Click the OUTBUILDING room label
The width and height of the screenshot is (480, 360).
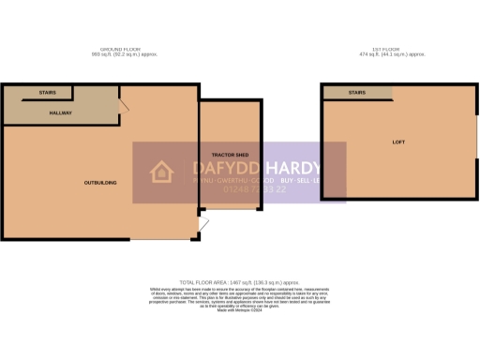coord(100,182)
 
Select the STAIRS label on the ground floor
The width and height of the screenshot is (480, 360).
coord(48,94)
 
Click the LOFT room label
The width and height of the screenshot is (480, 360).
coord(397,142)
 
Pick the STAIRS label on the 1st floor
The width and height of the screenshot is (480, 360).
coord(357,94)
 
